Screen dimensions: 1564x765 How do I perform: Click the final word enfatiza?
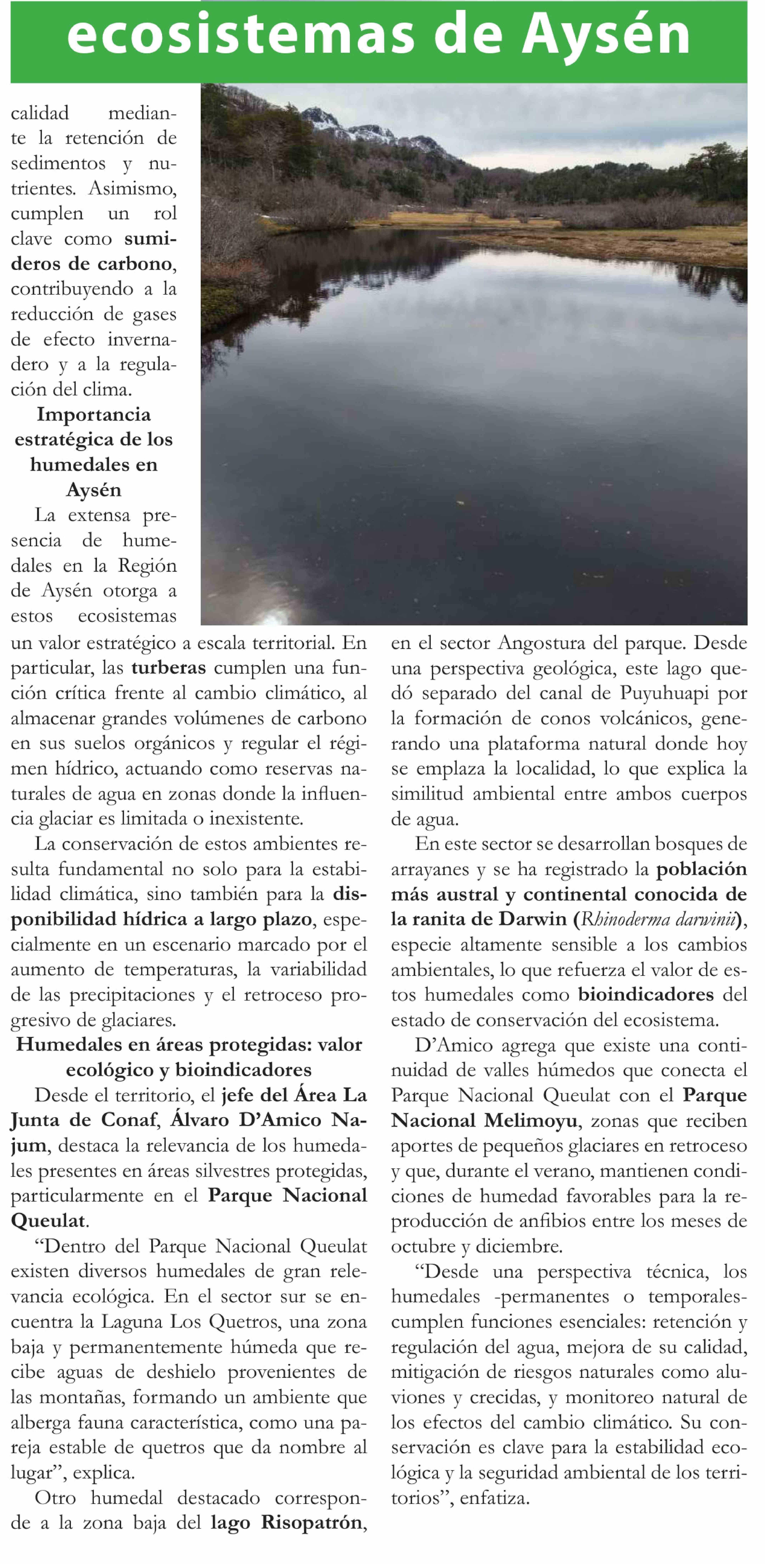494,1498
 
